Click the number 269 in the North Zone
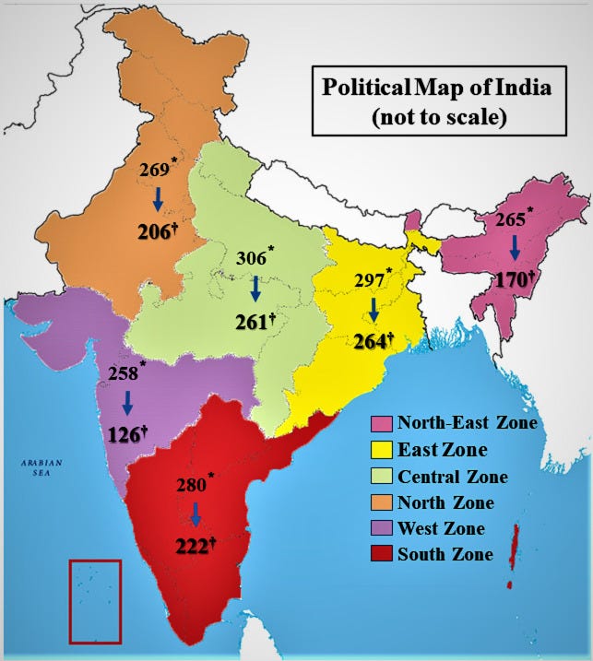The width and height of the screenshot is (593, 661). click(x=154, y=171)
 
